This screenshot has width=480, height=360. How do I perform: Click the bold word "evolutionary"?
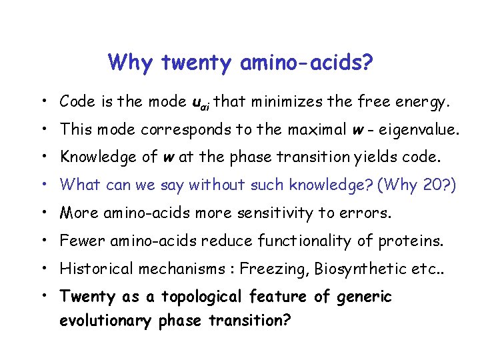point(107,321)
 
